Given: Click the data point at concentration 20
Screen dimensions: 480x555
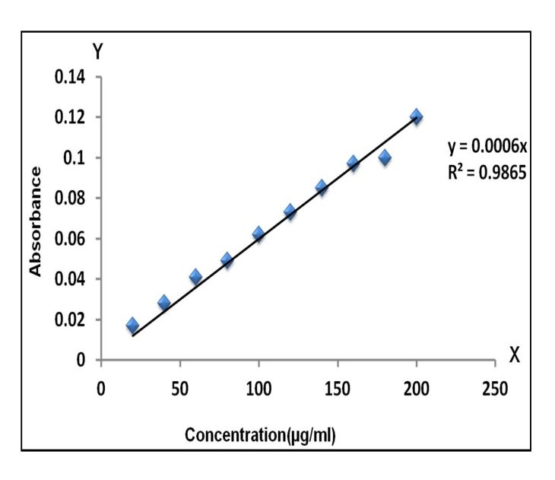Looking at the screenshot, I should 132,326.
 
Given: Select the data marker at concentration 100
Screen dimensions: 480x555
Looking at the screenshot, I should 258,234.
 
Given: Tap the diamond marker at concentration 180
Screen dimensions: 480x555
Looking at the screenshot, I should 385,157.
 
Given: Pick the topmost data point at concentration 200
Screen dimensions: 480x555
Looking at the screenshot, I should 416,116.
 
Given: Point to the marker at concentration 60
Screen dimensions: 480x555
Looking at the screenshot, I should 195,276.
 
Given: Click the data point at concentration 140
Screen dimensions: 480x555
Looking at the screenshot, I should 322,187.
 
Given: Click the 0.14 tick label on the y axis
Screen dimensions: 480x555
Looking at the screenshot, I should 68,77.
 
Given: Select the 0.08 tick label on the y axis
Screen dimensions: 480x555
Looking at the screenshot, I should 68,198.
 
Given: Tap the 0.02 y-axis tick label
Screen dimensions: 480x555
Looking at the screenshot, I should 68,319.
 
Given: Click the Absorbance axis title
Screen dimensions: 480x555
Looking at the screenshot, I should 34,221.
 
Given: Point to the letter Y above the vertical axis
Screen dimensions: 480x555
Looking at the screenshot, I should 97,52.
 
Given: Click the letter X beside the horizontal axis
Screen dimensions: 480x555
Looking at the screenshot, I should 514,354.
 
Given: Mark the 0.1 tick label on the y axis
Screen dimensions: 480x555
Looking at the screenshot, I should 73,157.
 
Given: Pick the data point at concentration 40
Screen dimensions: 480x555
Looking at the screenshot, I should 163,303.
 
